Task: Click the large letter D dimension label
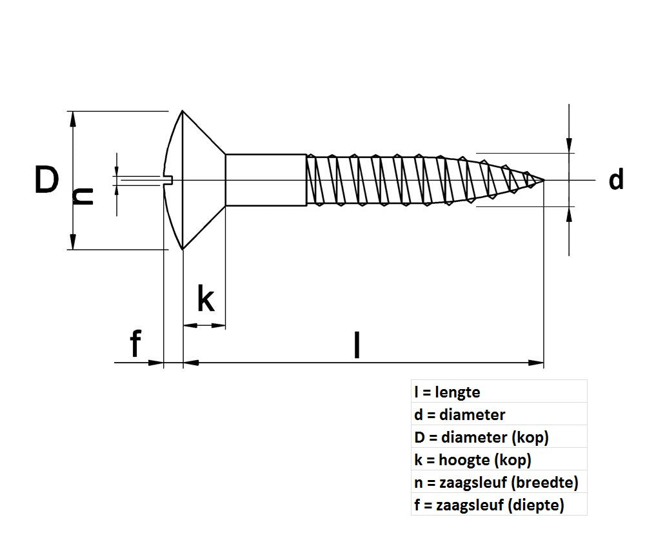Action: pos(46,180)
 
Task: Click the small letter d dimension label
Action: pos(616,180)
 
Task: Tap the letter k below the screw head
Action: pos(205,299)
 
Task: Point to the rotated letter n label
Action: pos(83,196)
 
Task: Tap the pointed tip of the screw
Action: pos(543,180)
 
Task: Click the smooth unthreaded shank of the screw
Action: pos(265,180)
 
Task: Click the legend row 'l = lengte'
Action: pos(448,392)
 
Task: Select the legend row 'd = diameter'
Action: pos(460,414)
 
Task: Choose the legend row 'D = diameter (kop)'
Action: pos(481,437)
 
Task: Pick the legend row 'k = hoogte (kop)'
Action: pos(473,460)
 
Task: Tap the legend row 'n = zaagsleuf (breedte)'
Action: pos(496,483)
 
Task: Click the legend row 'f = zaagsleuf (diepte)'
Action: pos(489,505)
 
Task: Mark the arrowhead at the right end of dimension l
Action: pos(537,363)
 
